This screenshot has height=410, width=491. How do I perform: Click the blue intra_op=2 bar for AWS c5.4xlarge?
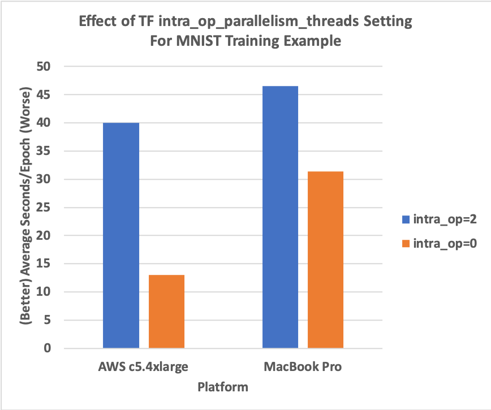[x=121, y=235]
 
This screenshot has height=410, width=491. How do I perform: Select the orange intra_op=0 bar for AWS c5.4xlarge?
[x=166, y=312]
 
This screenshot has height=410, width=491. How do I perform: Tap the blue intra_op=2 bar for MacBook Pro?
[x=280, y=217]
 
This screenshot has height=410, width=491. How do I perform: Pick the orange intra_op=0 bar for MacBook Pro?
[x=325, y=260]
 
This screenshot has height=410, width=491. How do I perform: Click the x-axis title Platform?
[x=223, y=387]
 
